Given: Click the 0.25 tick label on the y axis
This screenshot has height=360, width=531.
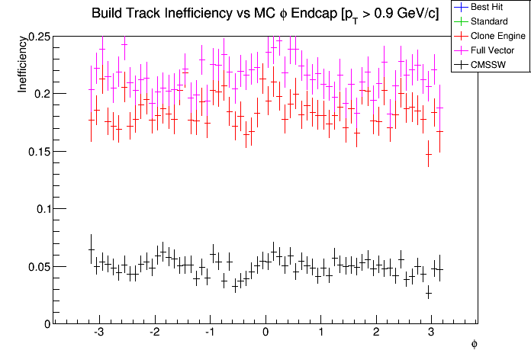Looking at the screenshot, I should coord(35,37).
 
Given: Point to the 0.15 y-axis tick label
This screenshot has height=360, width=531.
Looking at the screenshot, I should coord(35,151).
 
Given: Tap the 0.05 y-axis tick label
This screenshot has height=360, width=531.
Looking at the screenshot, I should coord(35,266).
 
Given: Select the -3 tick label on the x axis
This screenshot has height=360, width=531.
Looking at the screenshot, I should coord(98,333).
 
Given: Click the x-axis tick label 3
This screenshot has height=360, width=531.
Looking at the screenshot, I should coord(432,333).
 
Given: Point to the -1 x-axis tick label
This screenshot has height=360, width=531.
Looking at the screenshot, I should coord(208,333).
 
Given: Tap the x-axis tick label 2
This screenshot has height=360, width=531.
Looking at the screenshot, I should coord(376,333).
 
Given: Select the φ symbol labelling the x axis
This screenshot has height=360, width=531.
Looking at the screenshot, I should coord(474,345).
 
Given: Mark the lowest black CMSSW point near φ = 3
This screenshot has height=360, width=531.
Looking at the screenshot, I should coord(429,294).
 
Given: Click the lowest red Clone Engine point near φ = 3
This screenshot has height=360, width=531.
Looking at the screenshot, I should coord(429,155).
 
